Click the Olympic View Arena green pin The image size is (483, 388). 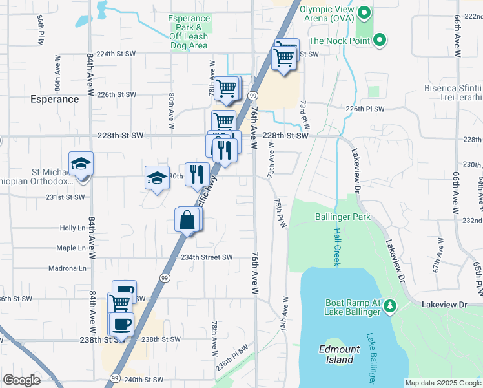coord(365,12)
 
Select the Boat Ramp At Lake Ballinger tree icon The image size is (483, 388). coord(389,306)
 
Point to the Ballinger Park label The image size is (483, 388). coord(343,217)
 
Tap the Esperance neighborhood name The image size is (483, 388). coord(55,99)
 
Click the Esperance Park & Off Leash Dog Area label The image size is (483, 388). coord(189,32)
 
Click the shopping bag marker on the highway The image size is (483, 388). coord(186,220)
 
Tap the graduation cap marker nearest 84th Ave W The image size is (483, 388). coord(81,164)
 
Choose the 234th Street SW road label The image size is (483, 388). coord(206,257)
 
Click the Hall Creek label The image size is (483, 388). coord(336,246)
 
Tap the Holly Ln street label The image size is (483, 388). coord(72,228)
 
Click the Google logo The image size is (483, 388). coord(21,380)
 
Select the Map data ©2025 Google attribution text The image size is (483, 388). coord(442,383)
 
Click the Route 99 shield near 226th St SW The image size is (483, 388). coord(253,96)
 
